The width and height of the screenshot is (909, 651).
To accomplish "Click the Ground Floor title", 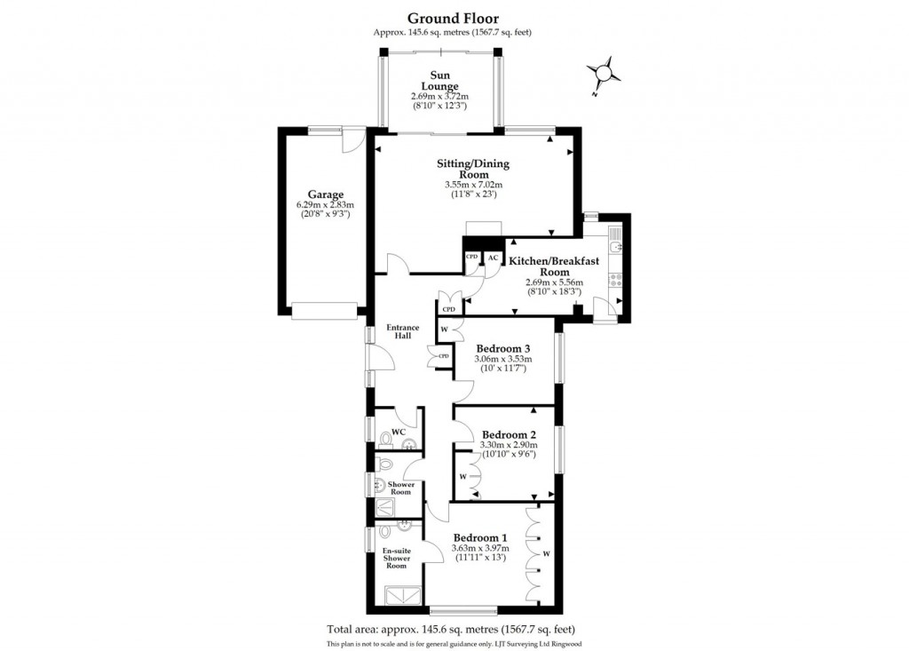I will tap(453, 17).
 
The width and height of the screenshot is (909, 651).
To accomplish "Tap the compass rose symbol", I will tap(603, 73).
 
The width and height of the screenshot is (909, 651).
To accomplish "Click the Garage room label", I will tap(325, 195).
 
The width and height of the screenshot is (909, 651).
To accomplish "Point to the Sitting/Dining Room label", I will tap(472, 169).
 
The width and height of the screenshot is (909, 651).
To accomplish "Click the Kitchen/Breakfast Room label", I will tap(553, 266).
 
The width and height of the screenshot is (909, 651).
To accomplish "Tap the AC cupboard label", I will tap(493, 258).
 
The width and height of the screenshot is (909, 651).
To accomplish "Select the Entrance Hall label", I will tap(402, 332).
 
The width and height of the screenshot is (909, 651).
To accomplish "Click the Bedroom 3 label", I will tap(502, 348).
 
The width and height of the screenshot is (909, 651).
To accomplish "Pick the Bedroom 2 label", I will tap(503, 434).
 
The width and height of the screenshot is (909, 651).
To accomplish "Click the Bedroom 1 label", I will tap(479, 537).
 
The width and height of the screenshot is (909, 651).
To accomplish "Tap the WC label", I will tap(399, 432).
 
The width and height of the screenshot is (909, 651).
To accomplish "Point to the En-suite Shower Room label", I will tap(395, 559).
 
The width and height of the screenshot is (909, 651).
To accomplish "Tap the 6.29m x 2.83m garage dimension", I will tap(325, 205).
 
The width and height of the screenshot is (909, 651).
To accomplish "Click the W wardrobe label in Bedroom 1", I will tap(547, 555).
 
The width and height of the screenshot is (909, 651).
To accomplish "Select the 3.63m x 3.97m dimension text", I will tap(480, 549).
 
